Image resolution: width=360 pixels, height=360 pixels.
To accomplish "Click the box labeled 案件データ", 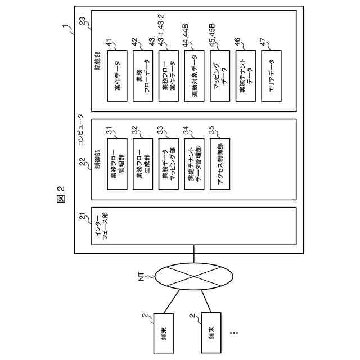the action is point(117,76).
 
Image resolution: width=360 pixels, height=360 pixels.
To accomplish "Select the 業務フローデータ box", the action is point(143,76).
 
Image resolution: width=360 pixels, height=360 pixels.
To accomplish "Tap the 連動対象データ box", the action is point(194,76).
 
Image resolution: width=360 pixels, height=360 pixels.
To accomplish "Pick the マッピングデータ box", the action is point(220,76).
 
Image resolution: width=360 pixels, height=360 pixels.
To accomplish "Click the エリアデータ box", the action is point(271,76).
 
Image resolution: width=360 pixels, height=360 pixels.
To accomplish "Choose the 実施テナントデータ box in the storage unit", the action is point(246,76).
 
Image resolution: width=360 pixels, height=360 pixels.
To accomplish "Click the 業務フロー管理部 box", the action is point(117,164).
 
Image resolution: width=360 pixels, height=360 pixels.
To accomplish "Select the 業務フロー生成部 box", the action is point(143,164).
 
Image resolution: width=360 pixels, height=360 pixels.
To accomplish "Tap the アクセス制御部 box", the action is point(220,164).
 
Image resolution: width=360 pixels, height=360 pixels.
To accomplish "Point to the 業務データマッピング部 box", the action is point(169,164).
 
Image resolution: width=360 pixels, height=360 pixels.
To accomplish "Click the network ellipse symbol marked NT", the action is point(194,276).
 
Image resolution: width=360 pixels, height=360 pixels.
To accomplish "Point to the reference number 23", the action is point(83,21).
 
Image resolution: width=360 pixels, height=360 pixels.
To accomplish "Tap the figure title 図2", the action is point(61,194).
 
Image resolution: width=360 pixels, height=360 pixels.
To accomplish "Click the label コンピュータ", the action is point(81,130).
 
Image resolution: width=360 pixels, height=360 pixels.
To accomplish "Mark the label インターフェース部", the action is point(102,226).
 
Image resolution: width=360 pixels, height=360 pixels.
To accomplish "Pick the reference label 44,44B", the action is point(186,35).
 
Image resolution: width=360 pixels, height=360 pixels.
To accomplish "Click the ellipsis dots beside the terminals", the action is point(234,333).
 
